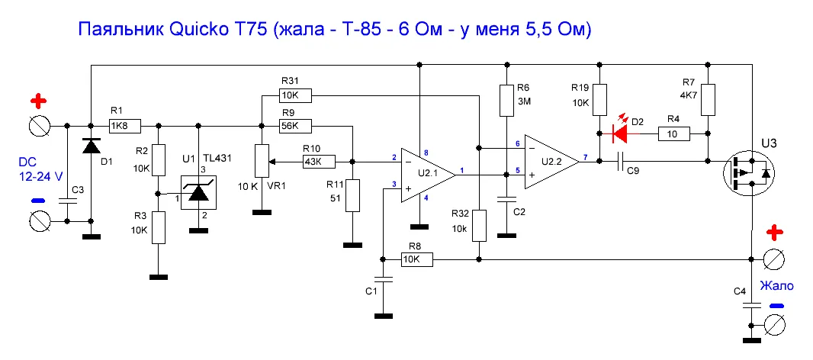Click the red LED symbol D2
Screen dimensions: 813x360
click(621, 134)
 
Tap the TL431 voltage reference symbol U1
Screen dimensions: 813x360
click(198, 193)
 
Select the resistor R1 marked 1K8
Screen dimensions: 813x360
click(125, 125)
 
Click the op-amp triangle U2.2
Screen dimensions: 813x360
click(551, 162)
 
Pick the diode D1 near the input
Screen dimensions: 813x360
click(92, 146)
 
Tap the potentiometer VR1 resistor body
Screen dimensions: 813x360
click(262, 162)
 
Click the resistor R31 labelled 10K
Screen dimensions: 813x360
click(296, 95)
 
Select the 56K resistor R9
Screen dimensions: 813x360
click(296, 125)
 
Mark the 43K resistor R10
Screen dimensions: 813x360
click(320, 162)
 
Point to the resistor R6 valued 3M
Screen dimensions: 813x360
click(506, 101)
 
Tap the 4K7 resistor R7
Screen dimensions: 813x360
click(708, 100)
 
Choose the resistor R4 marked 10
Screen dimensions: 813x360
click(674, 134)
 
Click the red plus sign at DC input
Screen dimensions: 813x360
click(39, 100)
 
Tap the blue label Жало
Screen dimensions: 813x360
click(776, 284)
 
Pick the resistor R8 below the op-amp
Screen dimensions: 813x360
click(417, 259)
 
